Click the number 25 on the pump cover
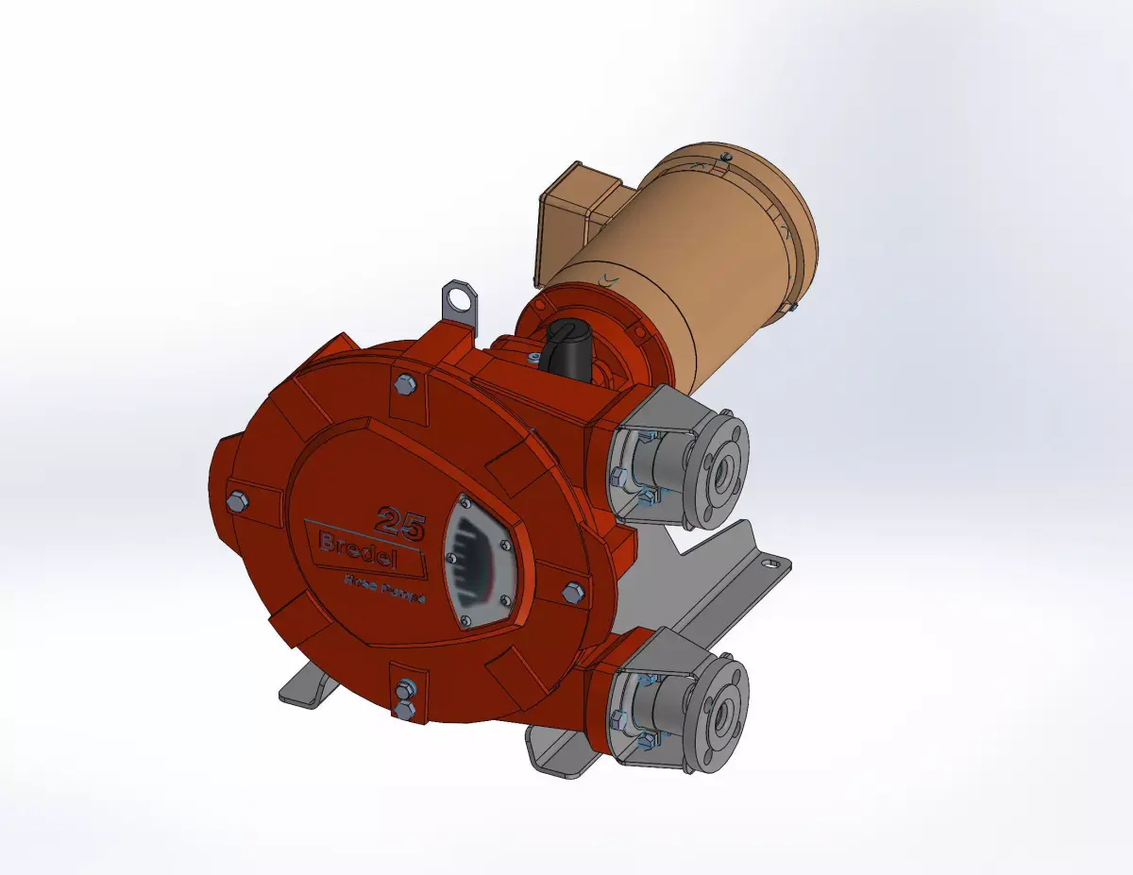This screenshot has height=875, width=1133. click(x=401, y=519)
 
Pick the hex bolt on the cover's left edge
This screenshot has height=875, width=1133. click(x=237, y=501)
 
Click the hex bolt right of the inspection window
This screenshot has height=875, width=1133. click(x=572, y=592)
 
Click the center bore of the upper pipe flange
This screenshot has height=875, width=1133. click(x=725, y=466)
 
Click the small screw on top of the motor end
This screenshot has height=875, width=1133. click(x=724, y=157)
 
